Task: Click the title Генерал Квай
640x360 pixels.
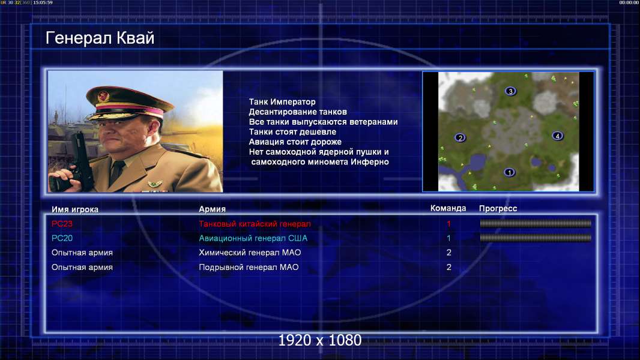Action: [x=100, y=38]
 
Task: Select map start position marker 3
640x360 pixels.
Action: [x=510, y=91]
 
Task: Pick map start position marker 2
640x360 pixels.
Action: [x=460, y=137]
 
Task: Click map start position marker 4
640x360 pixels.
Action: [x=558, y=136]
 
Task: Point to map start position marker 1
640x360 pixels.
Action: [x=509, y=172]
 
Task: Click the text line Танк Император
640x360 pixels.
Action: [x=282, y=102]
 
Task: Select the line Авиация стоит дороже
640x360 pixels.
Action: [x=295, y=142]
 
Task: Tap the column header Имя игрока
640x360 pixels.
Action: [x=74, y=209]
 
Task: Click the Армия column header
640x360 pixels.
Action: [x=213, y=209]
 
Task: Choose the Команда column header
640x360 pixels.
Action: [x=448, y=208]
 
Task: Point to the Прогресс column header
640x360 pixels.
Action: [x=498, y=208]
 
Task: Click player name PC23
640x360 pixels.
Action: [x=62, y=223]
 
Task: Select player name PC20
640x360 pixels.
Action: [x=62, y=238]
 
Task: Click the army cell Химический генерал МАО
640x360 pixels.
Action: [x=250, y=253]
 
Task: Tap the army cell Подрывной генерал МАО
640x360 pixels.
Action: [x=249, y=267]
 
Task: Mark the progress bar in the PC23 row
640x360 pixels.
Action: [x=536, y=223]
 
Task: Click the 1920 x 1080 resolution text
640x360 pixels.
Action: [x=320, y=340]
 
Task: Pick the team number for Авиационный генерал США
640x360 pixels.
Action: [x=448, y=238]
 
